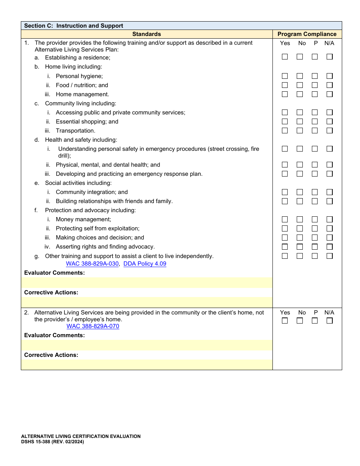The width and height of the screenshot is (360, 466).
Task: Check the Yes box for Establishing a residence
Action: (x=285, y=57)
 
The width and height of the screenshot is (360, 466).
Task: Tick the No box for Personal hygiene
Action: (x=300, y=76)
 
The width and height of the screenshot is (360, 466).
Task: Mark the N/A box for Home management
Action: (x=330, y=94)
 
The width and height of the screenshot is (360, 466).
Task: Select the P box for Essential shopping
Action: (x=315, y=122)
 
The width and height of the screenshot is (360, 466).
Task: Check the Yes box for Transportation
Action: (x=285, y=131)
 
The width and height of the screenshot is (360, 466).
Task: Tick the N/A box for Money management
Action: (x=330, y=219)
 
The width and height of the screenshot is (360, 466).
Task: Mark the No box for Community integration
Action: (x=300, y=192)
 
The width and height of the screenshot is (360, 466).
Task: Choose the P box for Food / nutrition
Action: (x=315, y=85)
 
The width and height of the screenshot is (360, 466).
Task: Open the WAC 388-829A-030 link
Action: (x=92, y=264)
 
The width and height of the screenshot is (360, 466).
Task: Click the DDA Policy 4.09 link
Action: (x=145, y=264)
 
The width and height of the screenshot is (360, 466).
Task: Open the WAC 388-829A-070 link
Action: (x=93, y=326)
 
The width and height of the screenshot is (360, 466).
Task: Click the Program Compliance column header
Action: (x=307, y=34)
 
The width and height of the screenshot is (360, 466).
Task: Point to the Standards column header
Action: (x=147, y=34)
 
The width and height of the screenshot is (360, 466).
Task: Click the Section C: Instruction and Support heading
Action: (x=74, y=26)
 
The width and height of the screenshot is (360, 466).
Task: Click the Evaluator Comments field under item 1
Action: (x=147, y=283)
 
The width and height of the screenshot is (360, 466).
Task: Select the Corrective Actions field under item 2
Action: (x=147, y=364)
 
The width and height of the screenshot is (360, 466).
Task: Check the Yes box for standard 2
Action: (x=285, y=321)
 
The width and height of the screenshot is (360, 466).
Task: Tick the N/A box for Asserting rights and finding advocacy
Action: (x=330, y=247)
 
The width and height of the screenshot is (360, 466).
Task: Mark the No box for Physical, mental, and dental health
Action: (x=300, y=165)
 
